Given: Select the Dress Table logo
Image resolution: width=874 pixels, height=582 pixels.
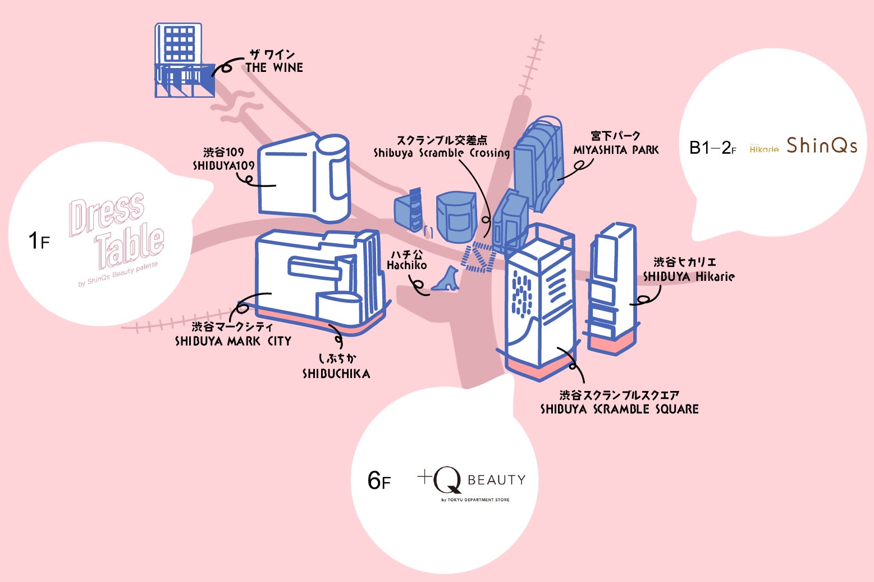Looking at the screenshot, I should pos(117,236).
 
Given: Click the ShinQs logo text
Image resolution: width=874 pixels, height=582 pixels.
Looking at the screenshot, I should pos(822,145).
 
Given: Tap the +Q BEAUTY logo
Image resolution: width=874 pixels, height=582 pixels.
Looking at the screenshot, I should pos(472,483).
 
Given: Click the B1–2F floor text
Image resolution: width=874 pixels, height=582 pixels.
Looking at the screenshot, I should pos(712,148).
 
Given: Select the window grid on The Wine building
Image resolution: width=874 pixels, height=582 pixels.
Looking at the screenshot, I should pos(179,44).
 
